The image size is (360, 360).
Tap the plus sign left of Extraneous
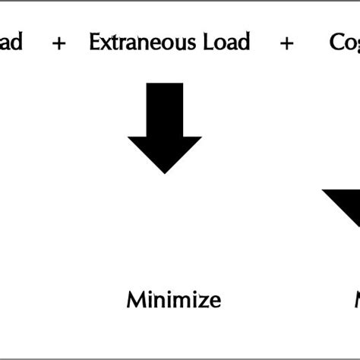[x=58, y=43]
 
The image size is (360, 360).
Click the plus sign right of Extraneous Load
[x=286, y=43]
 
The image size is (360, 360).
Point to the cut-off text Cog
[x=345, y=43]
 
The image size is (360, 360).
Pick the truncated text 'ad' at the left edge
[x=11, y=42]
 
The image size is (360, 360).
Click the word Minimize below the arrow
[x=173, y=299]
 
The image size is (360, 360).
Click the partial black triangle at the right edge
[x=346, y=204]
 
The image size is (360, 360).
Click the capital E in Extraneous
[x=94, y=42]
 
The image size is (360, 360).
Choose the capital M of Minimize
[x=134, y=299]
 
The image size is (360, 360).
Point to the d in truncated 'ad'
[x=16, y=42]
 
